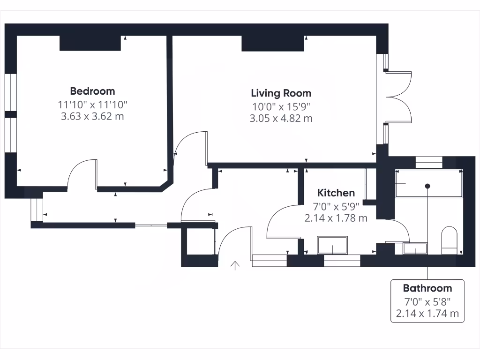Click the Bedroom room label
pyautogui.click(x=92, y=91)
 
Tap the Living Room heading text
pyautogui.click(x=281, y=93)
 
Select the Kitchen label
pyautogui.click(x=336, y=193)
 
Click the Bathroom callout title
pyautogui.click(x=427, y=288)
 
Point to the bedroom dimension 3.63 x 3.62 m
pyautogui.click(x=92, y=116)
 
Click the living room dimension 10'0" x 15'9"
pyautogui.click(x=281, y=106)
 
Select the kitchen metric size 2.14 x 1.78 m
pyautogui.click(x=336, y=218)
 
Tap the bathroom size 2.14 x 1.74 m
pyautogui.click(x=427, y=314)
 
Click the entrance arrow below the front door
pyautogui.click(x=235, y=266)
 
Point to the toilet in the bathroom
pyautogui.click(x=450, y=239)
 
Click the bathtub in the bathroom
pyautogui.click(x=428, y=183)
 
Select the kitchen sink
pyautogui.click(x=333, y=245)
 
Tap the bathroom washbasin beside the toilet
pyautogui.click(x=415, y=248)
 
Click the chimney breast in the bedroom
pyautogui.click(x=90, y=43)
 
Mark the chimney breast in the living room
pyautogui.click(x=272, y=43)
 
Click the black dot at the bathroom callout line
pyautogui.click(x=427, y=186)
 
